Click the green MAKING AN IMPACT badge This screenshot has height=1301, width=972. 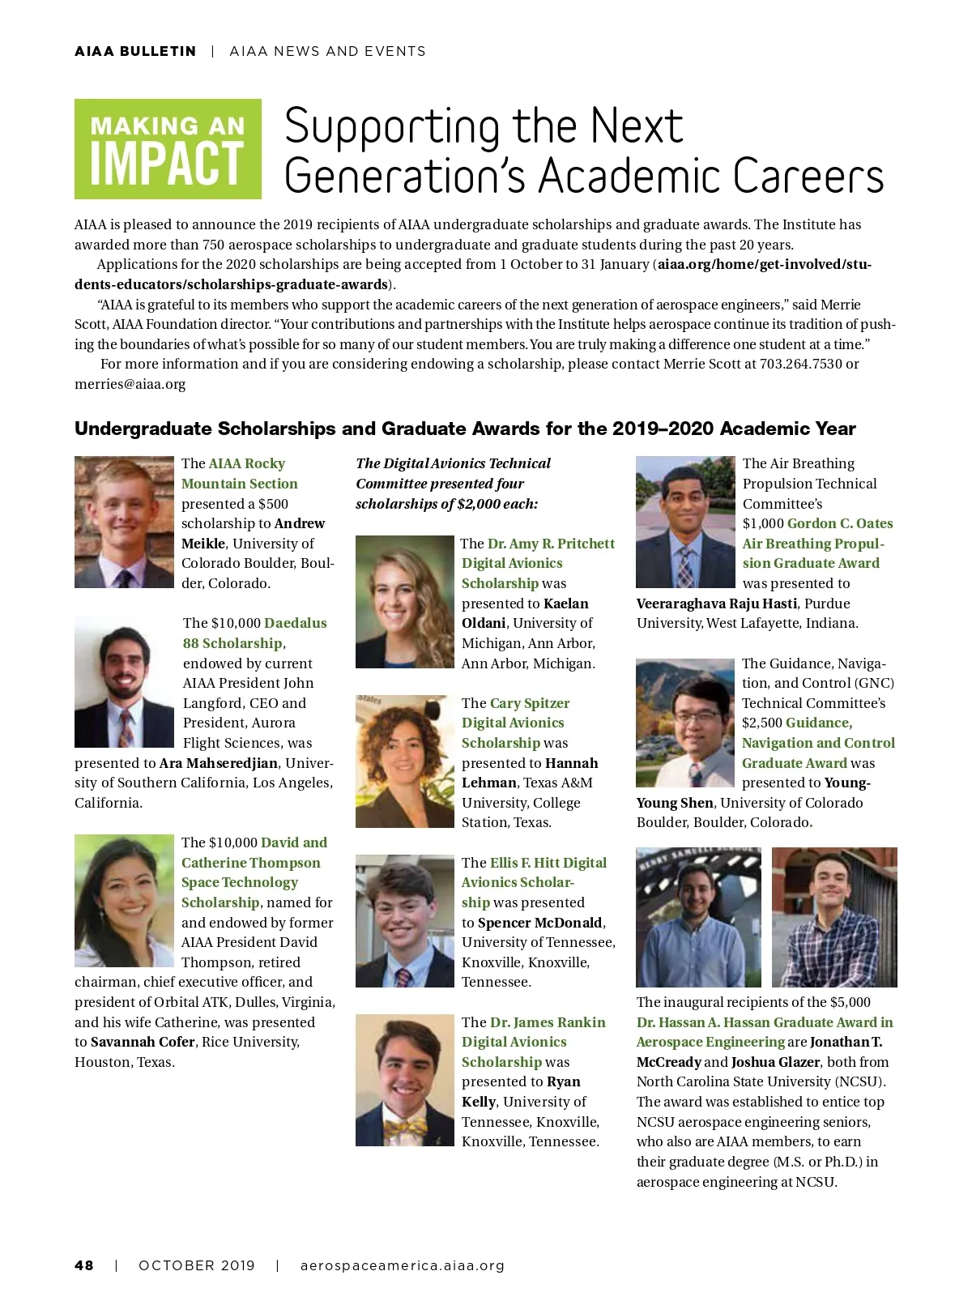(x=168, y=149)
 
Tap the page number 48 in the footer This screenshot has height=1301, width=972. (x=83, y=1265)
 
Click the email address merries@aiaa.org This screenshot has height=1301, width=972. (x=130, y=384)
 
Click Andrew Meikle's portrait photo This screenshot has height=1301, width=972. (x=124, y=522)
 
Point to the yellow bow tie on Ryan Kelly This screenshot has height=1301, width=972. (x=405, y=1125)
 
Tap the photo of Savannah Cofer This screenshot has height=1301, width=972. (x=124, y=900)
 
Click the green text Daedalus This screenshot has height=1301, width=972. (x=296, y=623)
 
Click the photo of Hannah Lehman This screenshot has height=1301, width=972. (x=404, y=761)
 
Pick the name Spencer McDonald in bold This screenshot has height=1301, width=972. (x=539, y=923)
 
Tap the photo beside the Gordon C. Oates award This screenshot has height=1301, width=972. (x=685, y=522)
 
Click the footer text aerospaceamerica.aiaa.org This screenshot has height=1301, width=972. (x=402, y=1265)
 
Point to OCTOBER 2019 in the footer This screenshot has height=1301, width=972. (x=197, y=1265)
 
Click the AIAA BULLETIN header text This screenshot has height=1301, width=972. (x=135, y=51)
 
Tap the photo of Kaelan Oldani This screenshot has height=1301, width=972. (x=404, y=601)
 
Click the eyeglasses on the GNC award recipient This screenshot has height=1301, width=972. (x=694, y=718)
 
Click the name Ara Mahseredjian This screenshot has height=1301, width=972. (x=219, y=763)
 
